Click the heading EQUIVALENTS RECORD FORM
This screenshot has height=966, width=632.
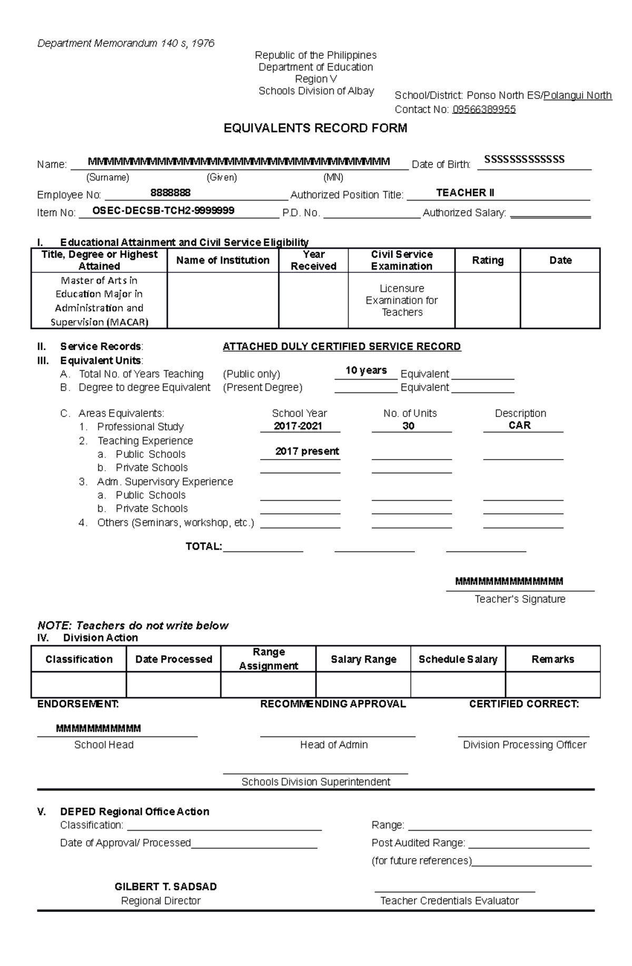click(315, 128)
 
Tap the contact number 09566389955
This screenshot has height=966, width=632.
click(483, 109)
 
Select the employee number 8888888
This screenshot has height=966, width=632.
click(170, 193)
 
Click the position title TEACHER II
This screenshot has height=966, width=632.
click(465, 193)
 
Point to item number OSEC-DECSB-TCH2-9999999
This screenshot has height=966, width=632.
click(163, 211)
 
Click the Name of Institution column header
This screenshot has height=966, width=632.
click(223, 260)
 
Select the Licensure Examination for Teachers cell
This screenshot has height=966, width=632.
click(401, 300)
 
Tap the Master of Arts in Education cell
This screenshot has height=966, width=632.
click(99, 301)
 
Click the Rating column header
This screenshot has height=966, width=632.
click(487, 260)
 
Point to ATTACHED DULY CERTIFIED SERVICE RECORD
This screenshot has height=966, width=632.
click(341, 346)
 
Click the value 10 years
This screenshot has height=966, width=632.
click(366, 370)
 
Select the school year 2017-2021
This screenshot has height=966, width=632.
click(298, 426)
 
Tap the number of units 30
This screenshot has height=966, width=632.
click(408, 426)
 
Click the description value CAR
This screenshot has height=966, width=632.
click(519, 425)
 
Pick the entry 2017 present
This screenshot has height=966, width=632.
click(307, 451)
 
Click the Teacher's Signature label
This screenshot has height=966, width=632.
click(519, 599)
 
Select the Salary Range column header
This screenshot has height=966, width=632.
click(363, 659)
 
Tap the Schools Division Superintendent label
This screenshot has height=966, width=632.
click(315, 782)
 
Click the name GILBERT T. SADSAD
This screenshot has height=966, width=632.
click(165, 887)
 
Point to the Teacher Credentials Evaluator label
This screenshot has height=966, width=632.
click(449, 901)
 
